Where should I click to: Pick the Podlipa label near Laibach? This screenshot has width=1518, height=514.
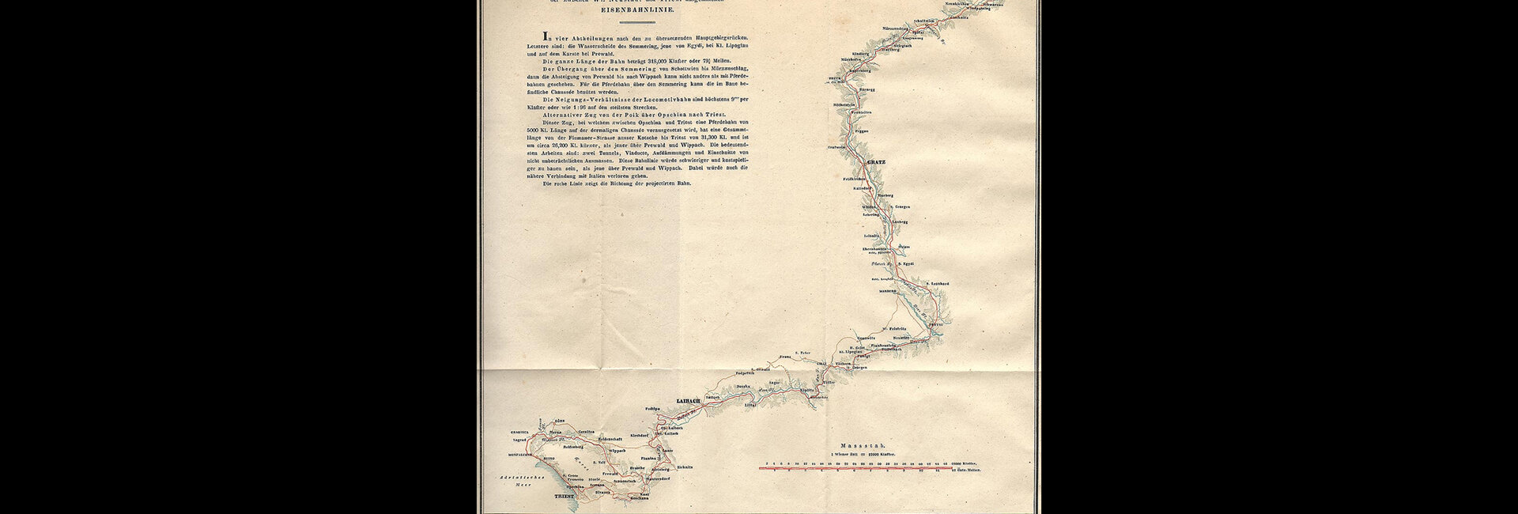click(652, 409)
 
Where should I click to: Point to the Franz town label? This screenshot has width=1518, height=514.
click(785, 358)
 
